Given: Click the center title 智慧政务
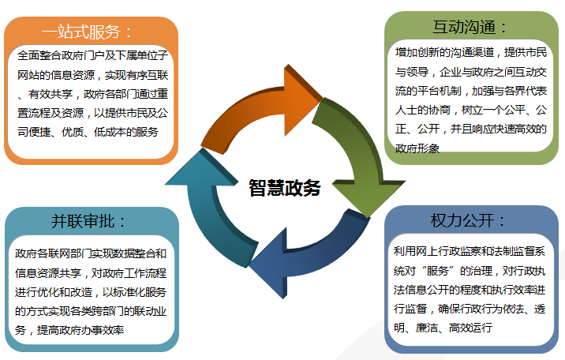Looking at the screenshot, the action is click(285, 188).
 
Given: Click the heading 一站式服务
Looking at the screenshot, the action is click(80, 32).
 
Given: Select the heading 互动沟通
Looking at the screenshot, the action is click(465, 28).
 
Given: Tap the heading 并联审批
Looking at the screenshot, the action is click(83, 221).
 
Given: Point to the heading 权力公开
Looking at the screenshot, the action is click(462, 220).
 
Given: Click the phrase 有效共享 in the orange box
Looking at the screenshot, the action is click(51, 94).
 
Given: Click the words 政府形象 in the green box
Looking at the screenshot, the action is click(417, 148).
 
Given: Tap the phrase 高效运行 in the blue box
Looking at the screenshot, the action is click(470, 328).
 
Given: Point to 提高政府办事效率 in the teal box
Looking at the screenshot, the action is click(80, 330).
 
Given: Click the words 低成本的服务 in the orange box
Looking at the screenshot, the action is click(125, 132).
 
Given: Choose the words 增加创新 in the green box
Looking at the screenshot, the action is click(417, 53).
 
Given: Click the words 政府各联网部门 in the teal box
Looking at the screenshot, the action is click(53, 253).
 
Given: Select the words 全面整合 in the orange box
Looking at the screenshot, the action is click(39, 55).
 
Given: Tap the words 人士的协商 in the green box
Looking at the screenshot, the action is click(423, 110).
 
